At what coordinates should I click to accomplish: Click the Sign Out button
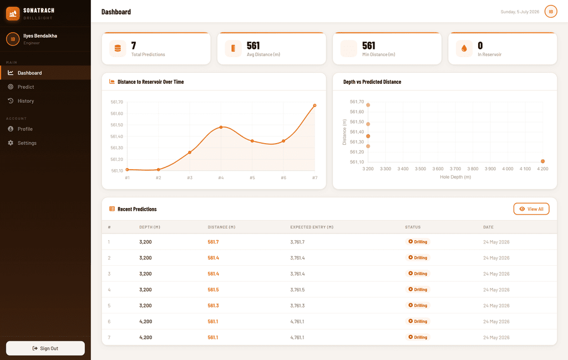click(45, 348)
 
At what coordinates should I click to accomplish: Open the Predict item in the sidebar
click(26, 87)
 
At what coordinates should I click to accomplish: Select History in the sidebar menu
click(26, 101)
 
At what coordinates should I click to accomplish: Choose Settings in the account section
click(27, 143)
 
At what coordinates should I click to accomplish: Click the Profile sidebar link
click(25, 129)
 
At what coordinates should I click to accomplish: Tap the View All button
click(531, 209)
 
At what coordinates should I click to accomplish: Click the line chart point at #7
click(315, 105)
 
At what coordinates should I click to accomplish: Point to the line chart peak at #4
click(221, 127)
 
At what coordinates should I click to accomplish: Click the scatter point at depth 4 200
click(542, 161)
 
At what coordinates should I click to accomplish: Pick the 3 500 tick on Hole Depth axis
click(420, 169)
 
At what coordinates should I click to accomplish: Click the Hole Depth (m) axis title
click(455, 177)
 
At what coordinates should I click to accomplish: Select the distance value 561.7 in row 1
click(213, 242)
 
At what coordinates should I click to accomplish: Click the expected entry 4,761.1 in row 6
click(297, 322)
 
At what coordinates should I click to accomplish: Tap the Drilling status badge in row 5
click(418, 305)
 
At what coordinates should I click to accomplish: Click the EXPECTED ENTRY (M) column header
click(312, 227)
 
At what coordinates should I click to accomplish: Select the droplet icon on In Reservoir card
click(464, 48)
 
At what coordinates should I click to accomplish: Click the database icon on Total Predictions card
click(118, 48)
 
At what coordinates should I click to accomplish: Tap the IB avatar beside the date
click(551, 12)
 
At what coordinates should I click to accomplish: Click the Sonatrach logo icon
click(13, 14)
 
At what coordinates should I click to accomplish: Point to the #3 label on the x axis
click(190, 178)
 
